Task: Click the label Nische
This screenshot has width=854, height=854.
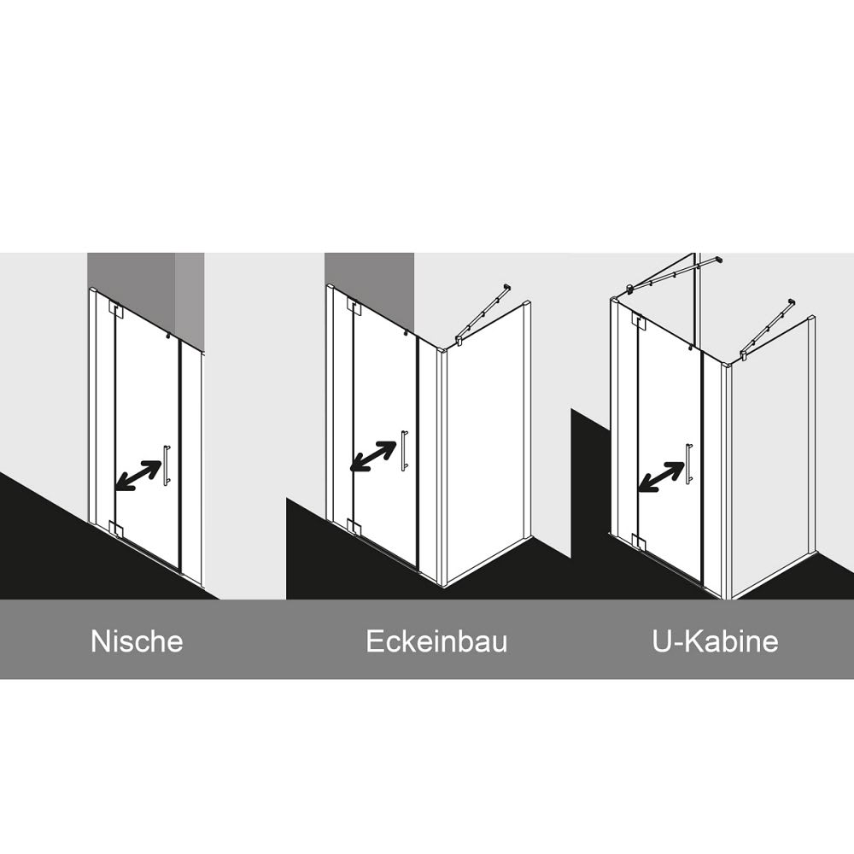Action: click(137, 641)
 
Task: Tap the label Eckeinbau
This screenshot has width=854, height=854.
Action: click(436, 641)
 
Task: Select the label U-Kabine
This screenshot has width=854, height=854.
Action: click(715, 641)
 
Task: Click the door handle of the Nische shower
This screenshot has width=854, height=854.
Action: click(167, 465)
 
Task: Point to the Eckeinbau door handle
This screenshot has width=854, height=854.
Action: click(404, 450)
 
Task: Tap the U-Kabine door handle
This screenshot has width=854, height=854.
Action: click(689, 464)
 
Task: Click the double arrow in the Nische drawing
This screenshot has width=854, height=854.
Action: click(138, 476)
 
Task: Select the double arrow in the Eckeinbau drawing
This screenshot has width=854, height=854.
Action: click(373, 456)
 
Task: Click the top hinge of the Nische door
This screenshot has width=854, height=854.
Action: click(116, 310)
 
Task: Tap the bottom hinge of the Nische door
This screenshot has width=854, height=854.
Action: click(116, 529)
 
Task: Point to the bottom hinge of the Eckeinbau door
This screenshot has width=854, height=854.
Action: click(354, 527)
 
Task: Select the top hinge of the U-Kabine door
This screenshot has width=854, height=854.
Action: click(638, 322)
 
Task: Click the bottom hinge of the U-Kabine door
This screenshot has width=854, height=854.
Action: click(638, 542)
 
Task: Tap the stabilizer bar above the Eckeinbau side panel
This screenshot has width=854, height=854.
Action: click(483, 315)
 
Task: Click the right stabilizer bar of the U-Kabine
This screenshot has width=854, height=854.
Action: click(766, 330)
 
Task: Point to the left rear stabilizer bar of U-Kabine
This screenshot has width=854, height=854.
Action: click(675, 274)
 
